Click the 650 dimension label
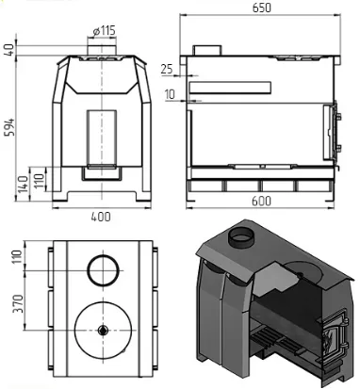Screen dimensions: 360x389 pos(262,8)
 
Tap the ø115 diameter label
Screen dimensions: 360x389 pos(105,31)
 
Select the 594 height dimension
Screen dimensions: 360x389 pos(10,127)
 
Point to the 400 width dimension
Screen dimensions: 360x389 pos(101,217)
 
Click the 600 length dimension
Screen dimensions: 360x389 pos(261,201)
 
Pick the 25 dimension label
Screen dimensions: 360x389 pos(167,69)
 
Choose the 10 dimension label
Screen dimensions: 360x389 pos(170,94)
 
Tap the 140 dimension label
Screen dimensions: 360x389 pos(24,186)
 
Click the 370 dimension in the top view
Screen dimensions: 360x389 pos(18,303)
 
